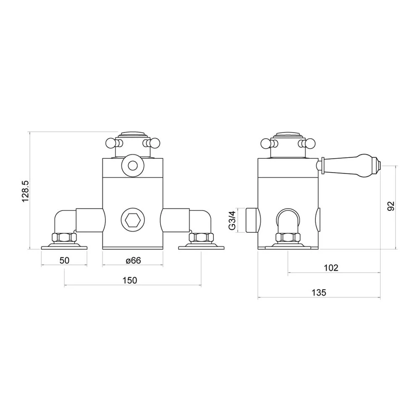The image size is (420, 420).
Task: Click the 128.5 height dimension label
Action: pos(25,191)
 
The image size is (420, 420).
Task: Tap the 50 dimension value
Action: pos(64,260)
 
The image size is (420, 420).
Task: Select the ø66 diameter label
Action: pos(133,260)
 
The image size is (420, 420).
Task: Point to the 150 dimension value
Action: pos(130,280)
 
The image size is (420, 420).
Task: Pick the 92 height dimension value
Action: pos(391,206)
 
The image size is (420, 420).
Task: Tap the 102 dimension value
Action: pos(331,268)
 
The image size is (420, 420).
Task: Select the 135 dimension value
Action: pos(319,292)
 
